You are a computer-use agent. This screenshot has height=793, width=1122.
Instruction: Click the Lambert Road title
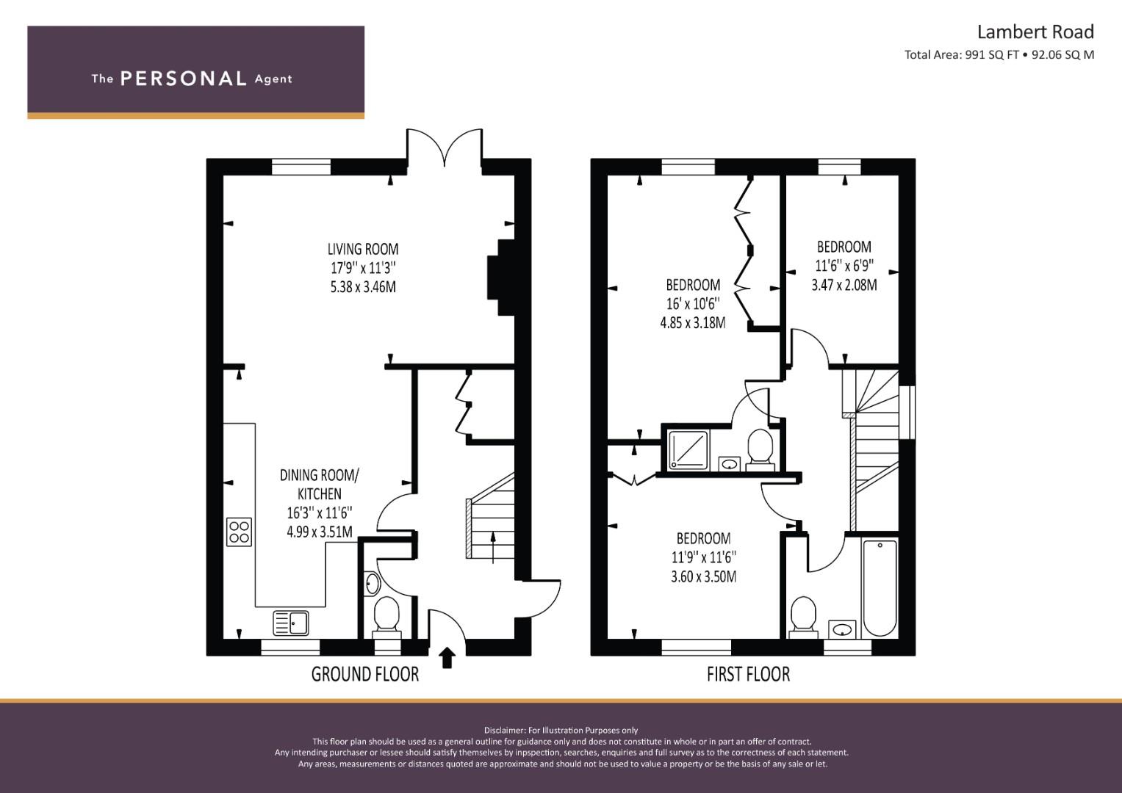[x=1035, y=32]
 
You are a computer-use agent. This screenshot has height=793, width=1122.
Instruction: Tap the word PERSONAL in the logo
[x=183, y=79]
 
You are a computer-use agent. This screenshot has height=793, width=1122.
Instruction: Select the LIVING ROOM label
[x=363, y=249]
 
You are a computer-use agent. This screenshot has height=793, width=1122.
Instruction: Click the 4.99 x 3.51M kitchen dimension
[x=320, y=532]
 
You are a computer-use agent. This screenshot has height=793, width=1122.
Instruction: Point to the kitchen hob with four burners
[x=240, y=532]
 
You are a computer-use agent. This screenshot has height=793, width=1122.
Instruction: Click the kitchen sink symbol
[x=292, y=623]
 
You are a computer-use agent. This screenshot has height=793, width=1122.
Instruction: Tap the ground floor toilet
[x=386, y=616]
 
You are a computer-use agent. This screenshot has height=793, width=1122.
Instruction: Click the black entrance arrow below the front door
[x=447, y=657]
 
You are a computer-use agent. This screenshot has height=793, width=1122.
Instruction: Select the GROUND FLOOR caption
[x=364, y=674]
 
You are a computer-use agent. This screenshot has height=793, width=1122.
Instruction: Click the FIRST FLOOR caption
[x=748, y=674]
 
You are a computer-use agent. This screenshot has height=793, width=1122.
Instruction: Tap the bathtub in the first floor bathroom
[x=879, y=588]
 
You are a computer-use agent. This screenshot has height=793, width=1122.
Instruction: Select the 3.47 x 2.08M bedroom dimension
[x=844, y=285]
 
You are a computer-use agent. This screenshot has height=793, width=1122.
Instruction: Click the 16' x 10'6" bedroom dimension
[x=693, y=303]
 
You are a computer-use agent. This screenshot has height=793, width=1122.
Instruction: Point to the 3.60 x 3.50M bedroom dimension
[x=703, y=576]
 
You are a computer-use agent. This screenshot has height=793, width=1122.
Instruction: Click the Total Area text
[x=999, y=54]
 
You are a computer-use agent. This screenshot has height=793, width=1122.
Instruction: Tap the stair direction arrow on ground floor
[x=492, y=547]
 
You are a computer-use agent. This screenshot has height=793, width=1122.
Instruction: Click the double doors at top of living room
[x=445, y=147]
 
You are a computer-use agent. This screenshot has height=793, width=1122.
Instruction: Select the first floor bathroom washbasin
[x=842, y=629]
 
